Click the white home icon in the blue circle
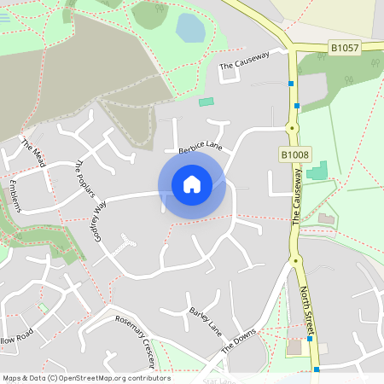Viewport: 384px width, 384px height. coord(191,183)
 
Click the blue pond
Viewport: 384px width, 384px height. coord(190,28)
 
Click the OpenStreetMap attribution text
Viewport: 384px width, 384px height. coord(86,378)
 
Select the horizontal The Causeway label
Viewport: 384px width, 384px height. coord(244,58)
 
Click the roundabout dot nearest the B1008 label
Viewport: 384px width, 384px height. coord(293,128)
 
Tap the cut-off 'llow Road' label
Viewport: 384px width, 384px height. coord(15,336)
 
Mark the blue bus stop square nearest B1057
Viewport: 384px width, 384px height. coord(292,84)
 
